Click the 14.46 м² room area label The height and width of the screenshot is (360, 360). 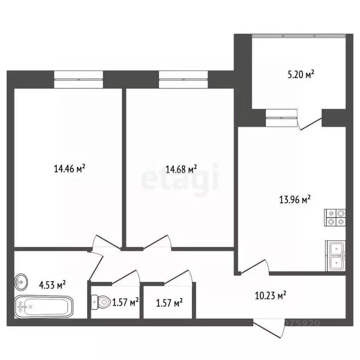(x=69, y=169)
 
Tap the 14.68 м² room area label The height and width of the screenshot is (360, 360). (x=181, y=169)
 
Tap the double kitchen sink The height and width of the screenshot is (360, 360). (x=336, y=255)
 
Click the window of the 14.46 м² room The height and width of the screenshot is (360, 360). (x=79, y=79)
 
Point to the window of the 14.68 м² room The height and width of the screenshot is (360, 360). (x=183, y=79)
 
